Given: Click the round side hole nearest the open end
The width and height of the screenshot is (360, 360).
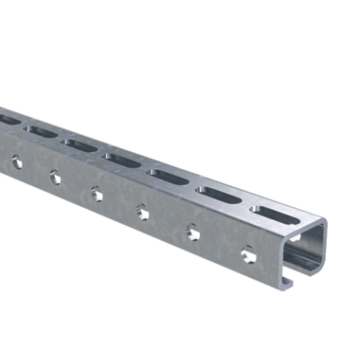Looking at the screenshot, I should pos(247,255).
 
